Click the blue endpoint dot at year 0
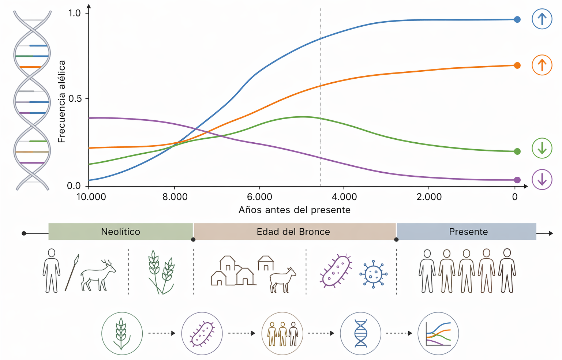(x=517, y=19)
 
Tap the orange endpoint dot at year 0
(x=517, y=65)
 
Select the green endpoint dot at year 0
(x=517, y=151)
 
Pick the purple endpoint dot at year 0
(x=517, y=180)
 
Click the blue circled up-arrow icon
(x=542, y=19)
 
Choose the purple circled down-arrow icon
(x=542, y=179)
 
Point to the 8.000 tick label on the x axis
(x=175, y=197)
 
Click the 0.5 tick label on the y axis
(x=75, y=99)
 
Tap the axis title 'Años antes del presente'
(x=295, y=210)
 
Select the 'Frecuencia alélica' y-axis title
(x=61, y=101)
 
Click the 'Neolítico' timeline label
(x=120, y=232)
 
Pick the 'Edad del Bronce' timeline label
(x=293, y=232)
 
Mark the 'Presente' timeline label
(x=468, y=232)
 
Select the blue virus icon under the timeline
(x=373, y=274)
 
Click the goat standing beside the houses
(x=282, y=280)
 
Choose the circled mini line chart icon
(x=438, y=333)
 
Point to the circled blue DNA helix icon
(x=360, y=333)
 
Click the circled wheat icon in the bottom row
(x=122, y=333)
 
